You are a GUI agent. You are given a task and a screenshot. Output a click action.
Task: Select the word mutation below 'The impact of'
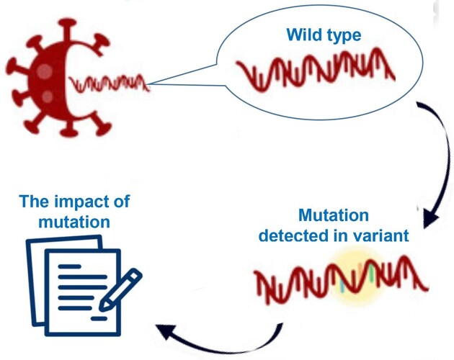tap(74, 222)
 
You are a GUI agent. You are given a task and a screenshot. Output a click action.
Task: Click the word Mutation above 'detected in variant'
tap(334, 215)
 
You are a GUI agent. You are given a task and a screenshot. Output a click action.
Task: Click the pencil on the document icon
tap(120, 290)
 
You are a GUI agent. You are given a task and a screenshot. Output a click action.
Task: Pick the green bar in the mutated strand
tap(371, 274)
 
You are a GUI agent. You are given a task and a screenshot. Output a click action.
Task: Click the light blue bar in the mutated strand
tap(342, 286)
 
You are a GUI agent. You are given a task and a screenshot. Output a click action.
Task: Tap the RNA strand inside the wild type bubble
tap(316, 70)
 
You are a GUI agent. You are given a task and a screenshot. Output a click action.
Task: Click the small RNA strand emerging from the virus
tap(109, 84)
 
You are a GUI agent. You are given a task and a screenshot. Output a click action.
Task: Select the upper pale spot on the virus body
tap(45, 71)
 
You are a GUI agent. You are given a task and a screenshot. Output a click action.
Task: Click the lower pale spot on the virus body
tap(48, 96)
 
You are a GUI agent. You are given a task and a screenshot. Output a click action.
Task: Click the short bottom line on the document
tap(99, 319)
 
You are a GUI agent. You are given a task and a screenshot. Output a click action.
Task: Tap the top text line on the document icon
tap(69, 266)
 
